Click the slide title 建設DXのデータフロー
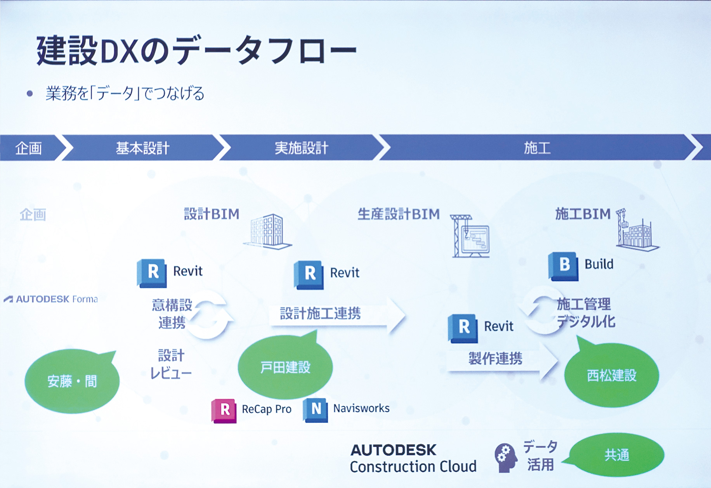(196, 51)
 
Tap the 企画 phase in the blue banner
(28, 148)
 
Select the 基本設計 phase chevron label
(142, 148)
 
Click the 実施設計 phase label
(301, 148)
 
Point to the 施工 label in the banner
(537, 148)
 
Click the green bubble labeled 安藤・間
(72, 381)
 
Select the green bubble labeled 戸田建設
(285, 366)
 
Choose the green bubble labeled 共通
(616, 455)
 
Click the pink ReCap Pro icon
(224, 410)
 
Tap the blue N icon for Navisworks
(315, 410)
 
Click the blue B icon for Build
(563, 266)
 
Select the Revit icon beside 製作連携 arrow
(463, 328)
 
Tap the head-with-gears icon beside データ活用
(506, 457)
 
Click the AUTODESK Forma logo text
(51, 299)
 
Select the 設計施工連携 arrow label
(320, 313)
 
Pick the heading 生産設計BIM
(399, 214)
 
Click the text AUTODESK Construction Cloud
(413, 458)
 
